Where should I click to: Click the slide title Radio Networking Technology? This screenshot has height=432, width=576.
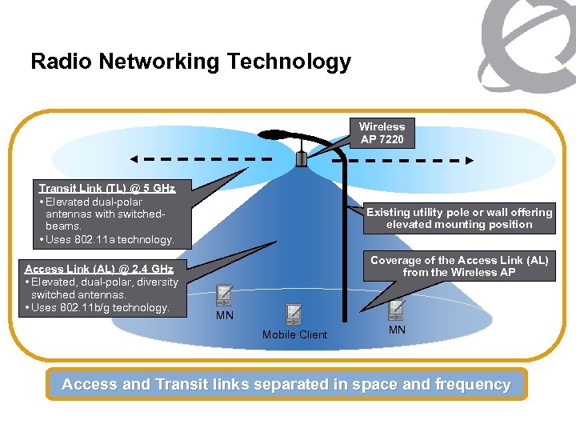[x=190, y=62]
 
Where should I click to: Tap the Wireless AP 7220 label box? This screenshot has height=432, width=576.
[x=382, y=134]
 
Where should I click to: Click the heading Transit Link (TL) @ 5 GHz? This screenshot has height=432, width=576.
[x=107, y=188]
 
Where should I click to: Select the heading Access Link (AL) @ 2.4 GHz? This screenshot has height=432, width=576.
[x=99, y=269]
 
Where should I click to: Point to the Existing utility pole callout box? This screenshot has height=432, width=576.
[x=459, y=218]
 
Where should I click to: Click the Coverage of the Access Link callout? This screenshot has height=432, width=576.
[x=459, y=266]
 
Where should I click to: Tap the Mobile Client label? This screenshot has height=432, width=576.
[x=294, y=334]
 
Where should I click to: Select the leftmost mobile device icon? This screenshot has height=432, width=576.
[x=224, y=295]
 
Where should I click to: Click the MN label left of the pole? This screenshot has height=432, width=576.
[x=225, y=317]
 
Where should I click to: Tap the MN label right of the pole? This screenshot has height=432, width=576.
[x=397, y=330]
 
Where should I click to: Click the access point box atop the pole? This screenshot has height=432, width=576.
[x=302, y=158]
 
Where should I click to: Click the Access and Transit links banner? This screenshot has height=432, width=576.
[x=286, y=385]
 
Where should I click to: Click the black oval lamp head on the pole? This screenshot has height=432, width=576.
[x=278, y=134]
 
